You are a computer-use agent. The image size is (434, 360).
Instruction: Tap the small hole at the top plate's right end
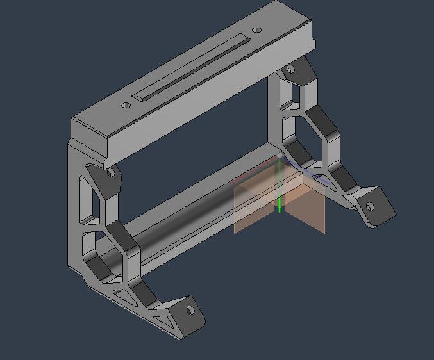point(257,30)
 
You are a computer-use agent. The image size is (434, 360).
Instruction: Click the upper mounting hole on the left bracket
point(111,172)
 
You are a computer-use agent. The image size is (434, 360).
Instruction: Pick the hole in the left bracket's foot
point(190,311)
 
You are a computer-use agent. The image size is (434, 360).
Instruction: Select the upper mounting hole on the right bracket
point(290,69)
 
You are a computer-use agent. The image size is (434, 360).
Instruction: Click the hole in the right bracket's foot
point(370,207)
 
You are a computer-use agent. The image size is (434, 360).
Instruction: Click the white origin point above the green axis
point(280,156)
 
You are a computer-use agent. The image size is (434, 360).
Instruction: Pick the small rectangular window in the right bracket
point(289,97)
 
